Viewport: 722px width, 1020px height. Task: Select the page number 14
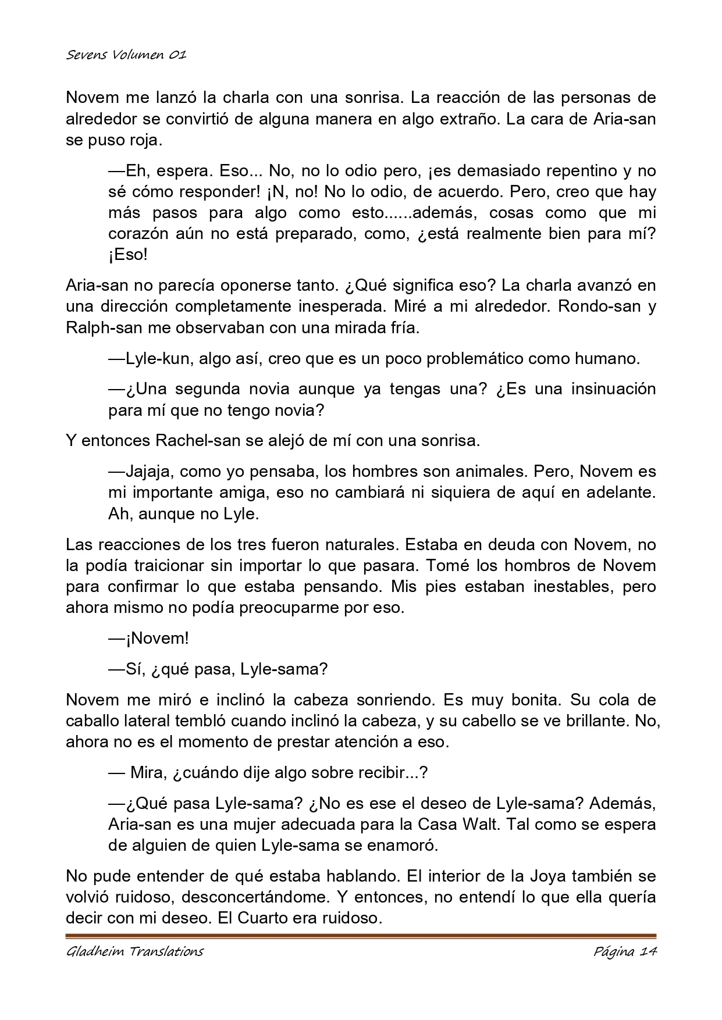tap(647, 951)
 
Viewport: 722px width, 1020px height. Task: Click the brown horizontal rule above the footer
tap(361, 936)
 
